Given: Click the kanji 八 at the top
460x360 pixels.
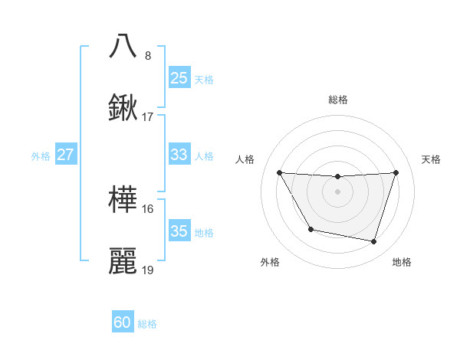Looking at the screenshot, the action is (123, 46).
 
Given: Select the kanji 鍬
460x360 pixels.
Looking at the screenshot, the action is (123, 108).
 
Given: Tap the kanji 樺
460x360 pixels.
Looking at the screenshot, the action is (123, 200).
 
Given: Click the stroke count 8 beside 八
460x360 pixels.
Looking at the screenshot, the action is (148, 55).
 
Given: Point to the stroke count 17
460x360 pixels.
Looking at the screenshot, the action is (148, 117).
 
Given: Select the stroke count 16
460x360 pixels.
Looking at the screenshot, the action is (148, 208).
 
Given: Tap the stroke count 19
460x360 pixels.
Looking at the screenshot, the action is (148, 270).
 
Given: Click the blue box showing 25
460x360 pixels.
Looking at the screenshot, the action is (179, 77).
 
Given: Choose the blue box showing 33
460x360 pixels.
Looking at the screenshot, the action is (179, 155).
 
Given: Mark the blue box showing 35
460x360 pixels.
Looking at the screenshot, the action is (179, 231).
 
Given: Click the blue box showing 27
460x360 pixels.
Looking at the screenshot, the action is (65, 155).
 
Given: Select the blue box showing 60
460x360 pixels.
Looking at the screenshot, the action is (123, 322).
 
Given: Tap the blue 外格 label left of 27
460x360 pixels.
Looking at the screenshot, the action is (41, 155).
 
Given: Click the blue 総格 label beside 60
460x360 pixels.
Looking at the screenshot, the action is (147, 324).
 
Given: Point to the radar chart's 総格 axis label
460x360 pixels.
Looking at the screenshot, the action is (338, 100).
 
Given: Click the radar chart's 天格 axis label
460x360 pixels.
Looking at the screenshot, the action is (431, 159).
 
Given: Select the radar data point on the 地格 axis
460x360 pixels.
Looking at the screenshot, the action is (374, 242).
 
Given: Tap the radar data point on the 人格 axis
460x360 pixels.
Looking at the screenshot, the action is (279, 172).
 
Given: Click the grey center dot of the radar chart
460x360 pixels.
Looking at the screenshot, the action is (338, 191).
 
